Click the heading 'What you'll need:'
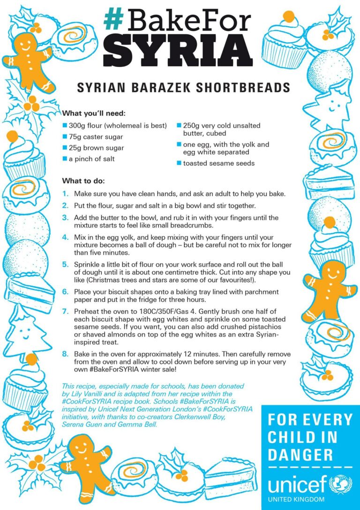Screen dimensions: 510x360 (94, 114)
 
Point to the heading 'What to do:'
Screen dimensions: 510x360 (83, 181)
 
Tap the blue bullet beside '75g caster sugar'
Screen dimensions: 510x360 (65, 137)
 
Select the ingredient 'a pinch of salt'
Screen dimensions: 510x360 (91, 159)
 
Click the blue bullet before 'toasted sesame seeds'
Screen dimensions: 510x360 (179, 163)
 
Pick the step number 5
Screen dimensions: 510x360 (65, 265)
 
